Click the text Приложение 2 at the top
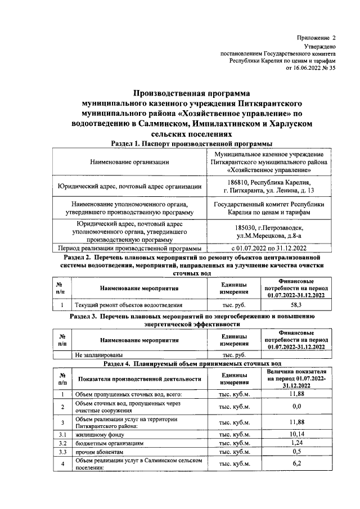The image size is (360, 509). pos(316,37)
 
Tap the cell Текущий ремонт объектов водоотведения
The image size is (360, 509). pos(129,305)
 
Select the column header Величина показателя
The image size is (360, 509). pos(296,379)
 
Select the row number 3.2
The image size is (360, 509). pos(63,443)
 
